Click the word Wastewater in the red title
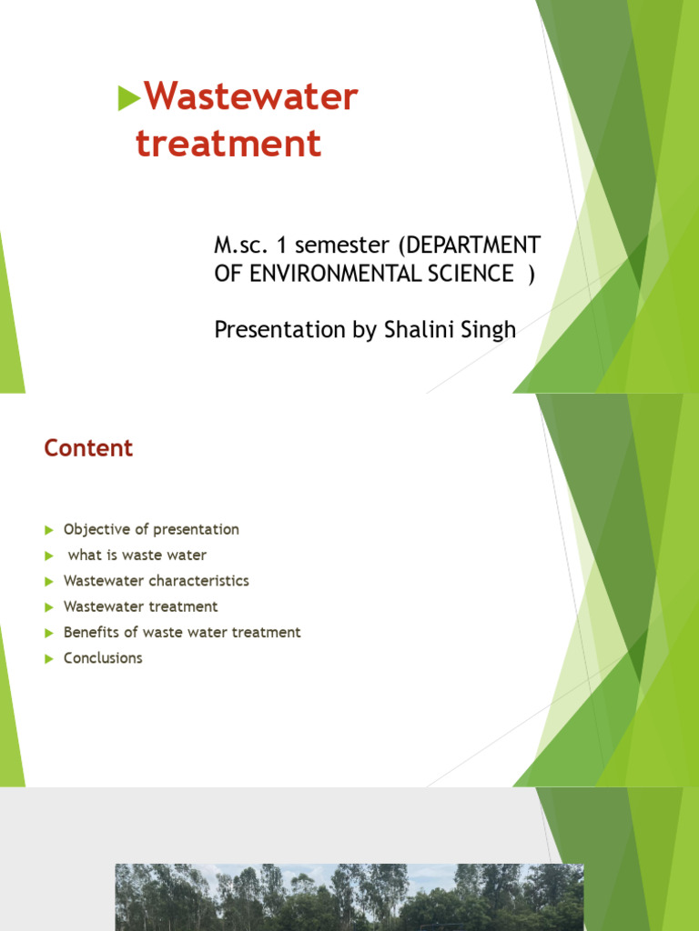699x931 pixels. [x=251, y=97]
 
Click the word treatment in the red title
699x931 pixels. [x=228, y=144]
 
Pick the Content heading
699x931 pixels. [x=88, y=448]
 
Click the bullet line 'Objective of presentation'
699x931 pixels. [x=151, y=529]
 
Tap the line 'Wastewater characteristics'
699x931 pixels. [x=156, y=580]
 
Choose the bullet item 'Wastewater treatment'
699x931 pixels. [x=140, y=606]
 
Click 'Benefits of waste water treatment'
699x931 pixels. [x=182, y=632]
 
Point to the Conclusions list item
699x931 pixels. [x=103, y=658]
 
